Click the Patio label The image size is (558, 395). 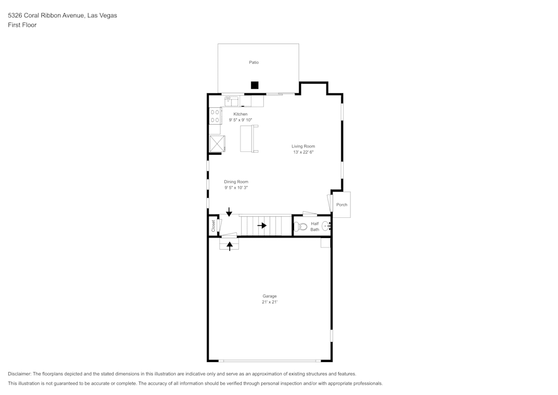[x=254, y=63]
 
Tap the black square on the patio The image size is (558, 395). [x=255, y=85]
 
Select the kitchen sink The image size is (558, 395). [x=232, y=101]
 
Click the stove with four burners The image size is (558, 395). [x=214, y=116]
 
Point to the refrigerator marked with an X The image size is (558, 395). [x=216, y=143]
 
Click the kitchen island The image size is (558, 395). [x=249, y=139]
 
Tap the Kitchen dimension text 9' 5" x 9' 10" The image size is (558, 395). [x=240, y=120]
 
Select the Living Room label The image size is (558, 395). [x=303, y=146]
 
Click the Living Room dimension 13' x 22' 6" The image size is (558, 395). [x=303, y=153]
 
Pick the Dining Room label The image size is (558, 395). [x=236, y=182]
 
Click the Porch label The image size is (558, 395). [x=341, y=204]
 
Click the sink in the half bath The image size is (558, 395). [x=326, y=226]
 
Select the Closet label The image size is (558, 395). [x=213, y=226]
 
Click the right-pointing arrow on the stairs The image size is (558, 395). [x=262, y=226]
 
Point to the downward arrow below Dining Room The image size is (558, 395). [x=229, y=212]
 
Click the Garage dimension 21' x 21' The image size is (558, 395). [x=270, y=302]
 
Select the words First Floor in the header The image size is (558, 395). [x=22, y=25]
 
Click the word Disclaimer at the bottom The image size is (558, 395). [x=20, y=374]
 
